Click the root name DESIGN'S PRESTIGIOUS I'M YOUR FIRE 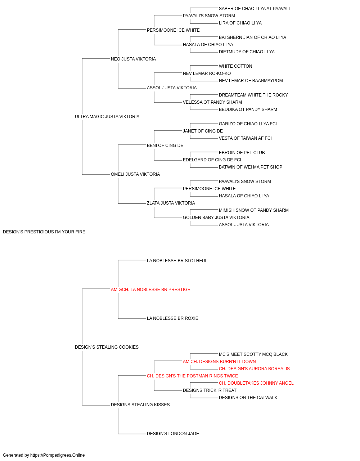click(x=44, y=232)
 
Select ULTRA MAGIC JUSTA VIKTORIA click(x=107, y=117)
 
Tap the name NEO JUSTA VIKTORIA click(x=133, y=59)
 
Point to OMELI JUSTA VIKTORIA click(x=135, y=174)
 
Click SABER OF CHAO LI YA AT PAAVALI click(x=254, y=9)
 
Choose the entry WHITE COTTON click(x=235, y=66)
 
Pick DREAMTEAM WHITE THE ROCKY click(x=253, y=95)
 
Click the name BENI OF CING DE click(x=165, y=146)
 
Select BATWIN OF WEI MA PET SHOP click(x=251, y=167)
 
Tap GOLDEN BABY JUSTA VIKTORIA click(x=216, y=218)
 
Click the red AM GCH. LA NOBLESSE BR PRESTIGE click(x=150, y=290)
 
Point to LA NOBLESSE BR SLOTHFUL click(x=177, y=261)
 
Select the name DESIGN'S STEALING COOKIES click(x=107, y=347)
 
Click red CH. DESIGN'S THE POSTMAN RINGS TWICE click(x=192, y=376)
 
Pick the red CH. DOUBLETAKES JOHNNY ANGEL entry click(x=256, y=383)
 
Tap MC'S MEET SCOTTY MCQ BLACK click(x=253, y=354)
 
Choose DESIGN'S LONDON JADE click(x=173, y=434)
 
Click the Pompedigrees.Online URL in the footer click(x=58, y=455)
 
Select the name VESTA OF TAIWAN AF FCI click(x=245, y=138)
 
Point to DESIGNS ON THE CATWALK click(x=248, y=398)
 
